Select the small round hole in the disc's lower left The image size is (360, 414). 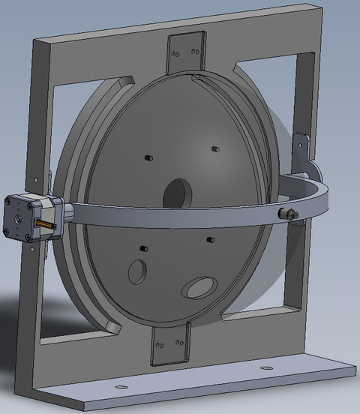137,271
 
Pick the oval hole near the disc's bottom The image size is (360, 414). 199,286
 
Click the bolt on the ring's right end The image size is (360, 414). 288,215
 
